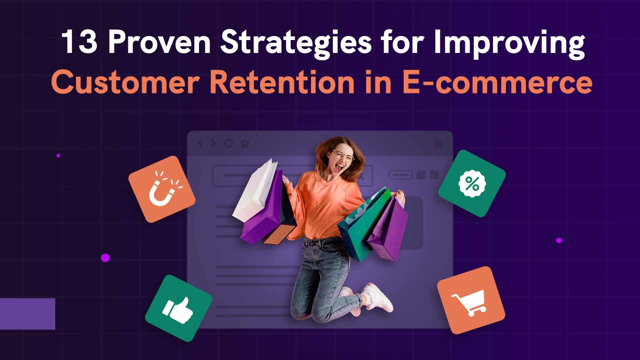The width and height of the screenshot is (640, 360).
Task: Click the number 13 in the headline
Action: click(79, 42)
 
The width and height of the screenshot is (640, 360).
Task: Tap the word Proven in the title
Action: click(159, 42)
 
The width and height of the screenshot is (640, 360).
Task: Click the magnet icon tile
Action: click(162, 189)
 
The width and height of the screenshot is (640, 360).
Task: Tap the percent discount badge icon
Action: click(472, 184)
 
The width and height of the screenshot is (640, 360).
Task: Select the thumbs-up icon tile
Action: click(179, 308)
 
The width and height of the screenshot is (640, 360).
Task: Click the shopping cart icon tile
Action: click(471, 300)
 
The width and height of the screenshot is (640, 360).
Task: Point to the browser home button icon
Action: click(245, 144)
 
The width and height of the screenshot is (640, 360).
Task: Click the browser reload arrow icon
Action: click(228, 144)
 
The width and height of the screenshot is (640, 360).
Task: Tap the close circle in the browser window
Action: click(438, 144)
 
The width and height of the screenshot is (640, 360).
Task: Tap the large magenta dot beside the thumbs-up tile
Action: click(105, 258)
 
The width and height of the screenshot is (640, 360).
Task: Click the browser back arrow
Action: click(200, 144)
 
